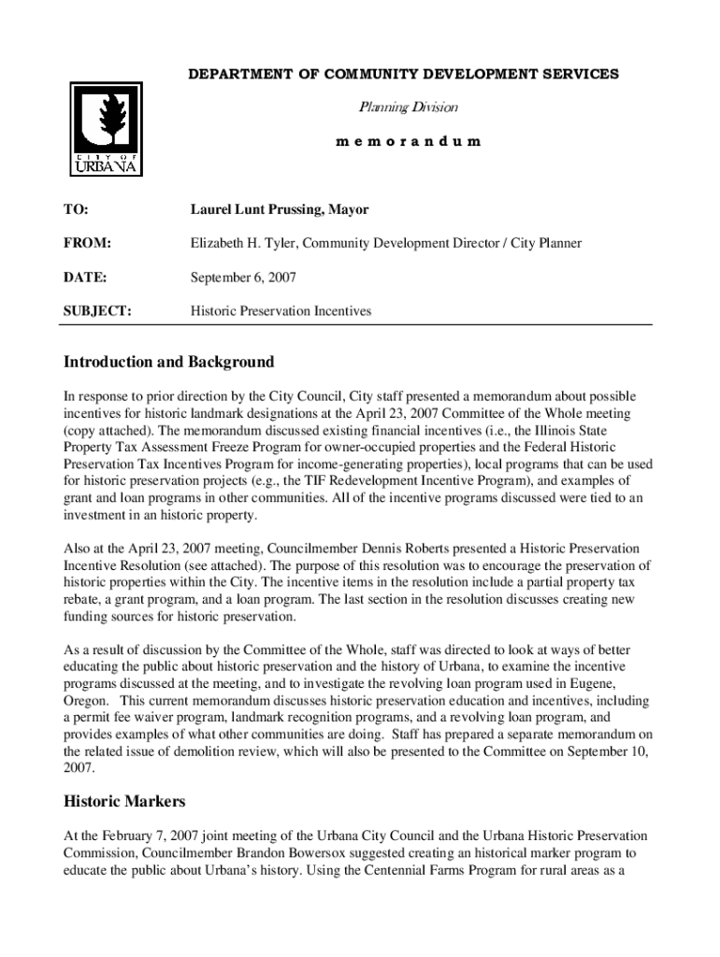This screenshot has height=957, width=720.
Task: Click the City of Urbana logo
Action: click(106, 129)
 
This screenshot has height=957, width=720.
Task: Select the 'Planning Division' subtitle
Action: click(409, 108)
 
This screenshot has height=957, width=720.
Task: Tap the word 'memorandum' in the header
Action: click(409, 142)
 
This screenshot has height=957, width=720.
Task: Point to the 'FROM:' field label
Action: click(87, 244)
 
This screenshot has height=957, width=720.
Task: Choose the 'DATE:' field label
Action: click(85, 278)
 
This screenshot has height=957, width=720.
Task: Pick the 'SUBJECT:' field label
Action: click(97, 311)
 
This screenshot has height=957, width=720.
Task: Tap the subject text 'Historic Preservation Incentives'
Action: click(281, 311)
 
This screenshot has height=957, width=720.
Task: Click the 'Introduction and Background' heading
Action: click(168, 362)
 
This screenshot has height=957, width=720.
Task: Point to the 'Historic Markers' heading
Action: click(124, 801)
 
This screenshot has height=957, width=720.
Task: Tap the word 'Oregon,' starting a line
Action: click(85, 700)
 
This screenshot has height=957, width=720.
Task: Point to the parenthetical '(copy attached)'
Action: click(105, 430)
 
